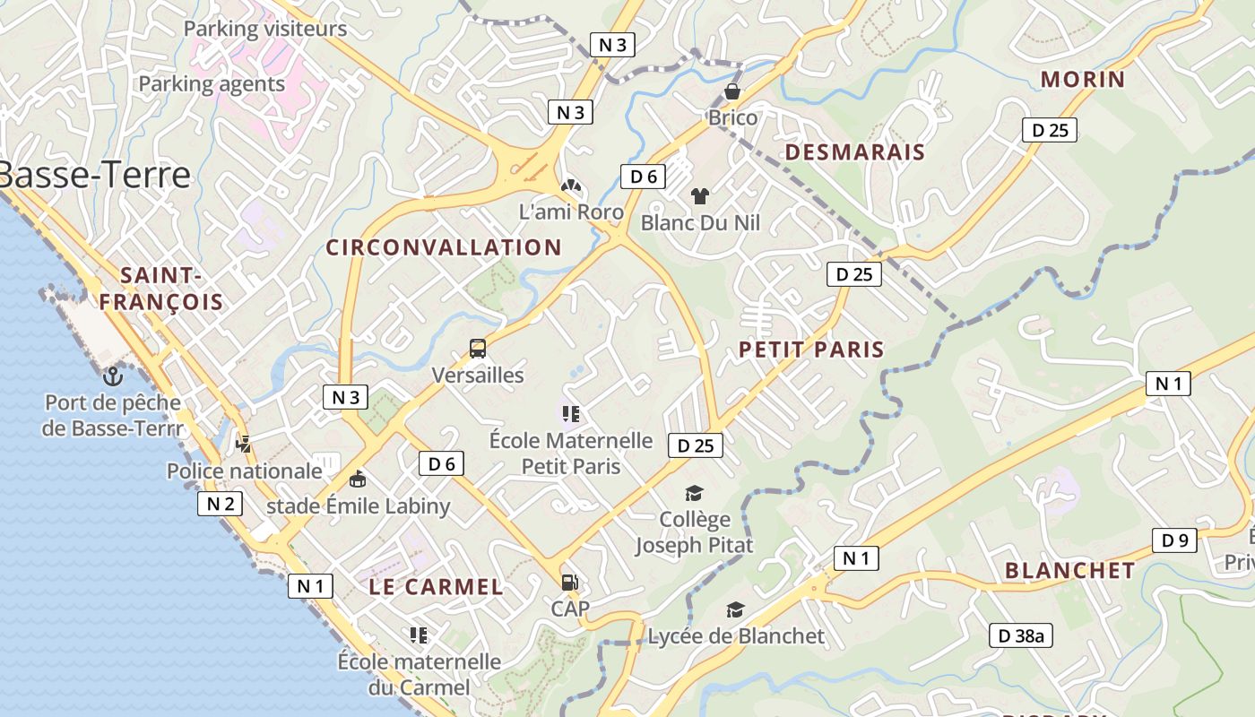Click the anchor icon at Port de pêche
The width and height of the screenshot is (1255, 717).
[x=112, y=376]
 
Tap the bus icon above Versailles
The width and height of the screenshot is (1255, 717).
[x=478, y=349]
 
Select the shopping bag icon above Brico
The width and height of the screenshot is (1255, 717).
[x=732, y=91]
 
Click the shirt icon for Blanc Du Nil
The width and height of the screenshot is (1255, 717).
[x=700, y=195]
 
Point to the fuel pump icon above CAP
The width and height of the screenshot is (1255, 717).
[x=569, y=583]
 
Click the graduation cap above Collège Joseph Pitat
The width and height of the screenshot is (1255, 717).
[x=694, y=493]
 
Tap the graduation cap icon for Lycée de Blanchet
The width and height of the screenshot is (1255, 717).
[x=735, y=609]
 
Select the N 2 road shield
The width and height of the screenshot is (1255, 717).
[x=221, y=504]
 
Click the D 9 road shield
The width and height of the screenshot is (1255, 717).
[x=1174, y=540]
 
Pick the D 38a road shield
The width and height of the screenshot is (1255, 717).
[x=1020, y=636]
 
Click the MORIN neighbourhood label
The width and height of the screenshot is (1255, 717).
[x=1082, y=79]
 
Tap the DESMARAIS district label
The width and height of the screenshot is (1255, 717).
[x=854, y=152]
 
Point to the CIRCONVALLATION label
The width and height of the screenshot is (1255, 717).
[x=444, y=247]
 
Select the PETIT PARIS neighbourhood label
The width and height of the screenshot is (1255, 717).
[x=811, y=350]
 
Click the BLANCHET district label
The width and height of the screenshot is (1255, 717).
[x=1069, y=571]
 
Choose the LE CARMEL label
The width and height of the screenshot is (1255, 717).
[x=436, y=587]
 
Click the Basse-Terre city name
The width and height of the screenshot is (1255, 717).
[x=94, y=175]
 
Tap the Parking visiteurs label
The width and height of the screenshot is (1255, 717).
[x=265, y=29]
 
